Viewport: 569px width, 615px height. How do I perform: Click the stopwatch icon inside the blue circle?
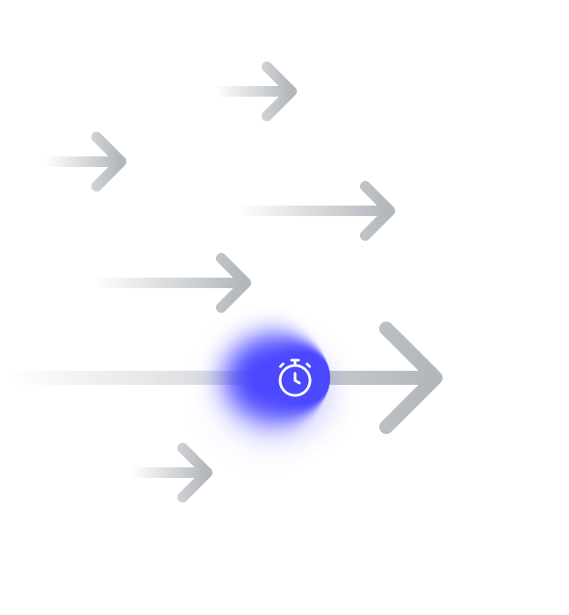(x=295, y=378)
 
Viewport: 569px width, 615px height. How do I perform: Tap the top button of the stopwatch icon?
(x=295, y=360)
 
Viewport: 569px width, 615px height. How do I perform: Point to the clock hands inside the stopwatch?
(x=297, y=379)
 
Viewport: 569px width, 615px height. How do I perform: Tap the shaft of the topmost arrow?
(x=241, y=91)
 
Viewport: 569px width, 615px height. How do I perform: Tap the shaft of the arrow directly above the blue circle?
(x=158, y=283)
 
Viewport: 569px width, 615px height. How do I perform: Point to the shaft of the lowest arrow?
(x=158, y=473)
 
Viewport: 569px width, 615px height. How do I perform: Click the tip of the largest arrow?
(x=439, y=378)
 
